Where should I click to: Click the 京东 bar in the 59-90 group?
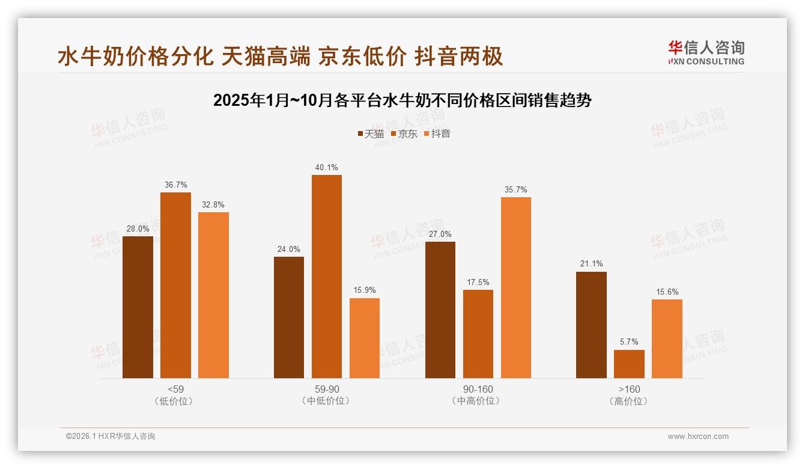[326, 277]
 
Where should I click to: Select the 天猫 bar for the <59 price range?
[138, 307]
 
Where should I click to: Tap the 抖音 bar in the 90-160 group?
[515, 287]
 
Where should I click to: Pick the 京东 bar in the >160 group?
[629, 364]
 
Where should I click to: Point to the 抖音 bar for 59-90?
[365, 338]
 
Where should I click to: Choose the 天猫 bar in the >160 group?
[591, 325]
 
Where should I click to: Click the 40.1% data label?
[326, 168]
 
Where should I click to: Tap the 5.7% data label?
[629, 342]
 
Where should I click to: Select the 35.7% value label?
[515, 190]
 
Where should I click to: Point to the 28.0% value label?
[138, 229]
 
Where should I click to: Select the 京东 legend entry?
[404, 134]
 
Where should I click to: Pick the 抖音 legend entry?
[437, 134]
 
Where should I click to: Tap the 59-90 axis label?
[326, 389]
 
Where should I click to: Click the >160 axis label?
[629, 389]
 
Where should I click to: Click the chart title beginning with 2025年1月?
[402, 100]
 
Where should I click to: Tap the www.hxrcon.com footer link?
[698, 437]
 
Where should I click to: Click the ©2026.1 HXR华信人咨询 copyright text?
[111, 437]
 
